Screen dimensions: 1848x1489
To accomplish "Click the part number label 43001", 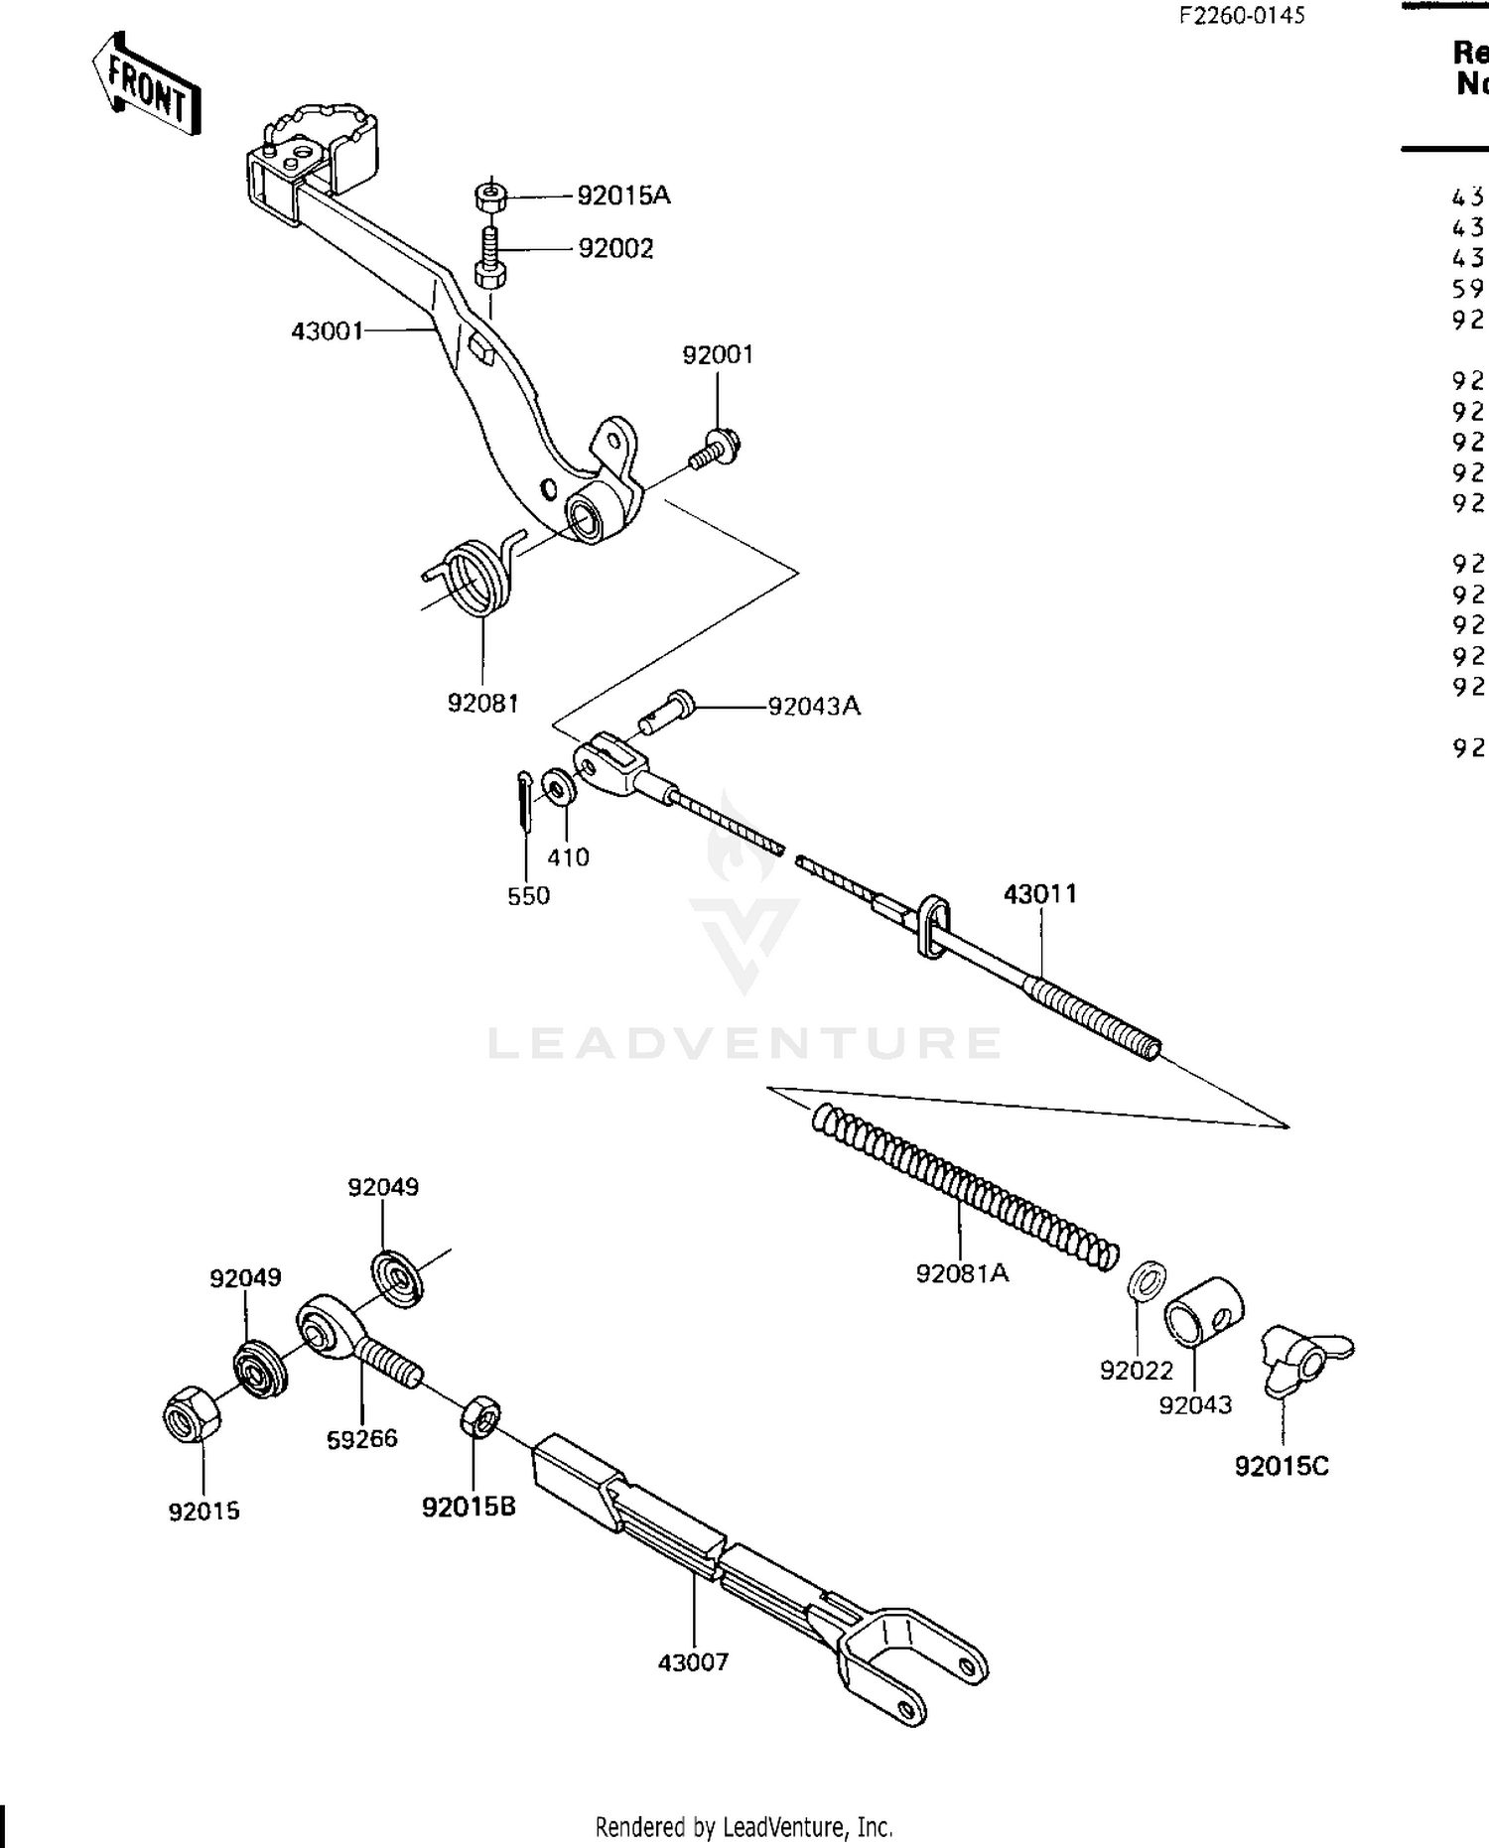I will point(327,330).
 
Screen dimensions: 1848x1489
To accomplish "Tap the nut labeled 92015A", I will point(490,196).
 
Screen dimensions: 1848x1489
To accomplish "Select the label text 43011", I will point(1039,894).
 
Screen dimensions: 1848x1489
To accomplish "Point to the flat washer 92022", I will point(1147,1281).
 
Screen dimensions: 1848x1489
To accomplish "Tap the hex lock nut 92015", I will point(192,1413).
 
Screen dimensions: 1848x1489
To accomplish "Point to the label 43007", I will point(693,1661).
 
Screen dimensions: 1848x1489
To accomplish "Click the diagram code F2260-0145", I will point(1241,15).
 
